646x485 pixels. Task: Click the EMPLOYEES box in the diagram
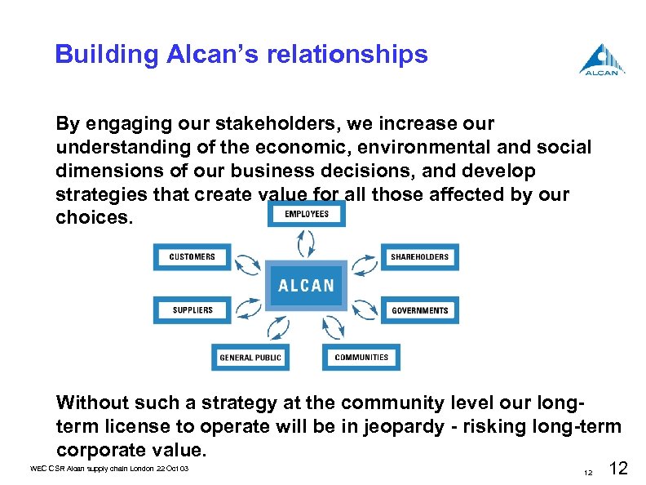[x=307, y=214]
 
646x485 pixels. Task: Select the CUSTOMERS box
[x=192, y=257]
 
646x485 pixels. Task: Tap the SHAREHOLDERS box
[x=419, y=257]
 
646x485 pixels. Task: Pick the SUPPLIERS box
[x=192, y=310]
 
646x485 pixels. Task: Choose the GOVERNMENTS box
[x=419, y=310]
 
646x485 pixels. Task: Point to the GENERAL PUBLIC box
[x=250, y=358]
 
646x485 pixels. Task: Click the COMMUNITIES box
[x=361, y=358]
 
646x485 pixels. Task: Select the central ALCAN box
[x=306, y=285]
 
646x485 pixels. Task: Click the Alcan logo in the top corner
[x=602, y=59]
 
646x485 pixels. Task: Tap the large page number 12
[x=619, y=468]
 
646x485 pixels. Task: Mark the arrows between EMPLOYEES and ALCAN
[x=307, y=242]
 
